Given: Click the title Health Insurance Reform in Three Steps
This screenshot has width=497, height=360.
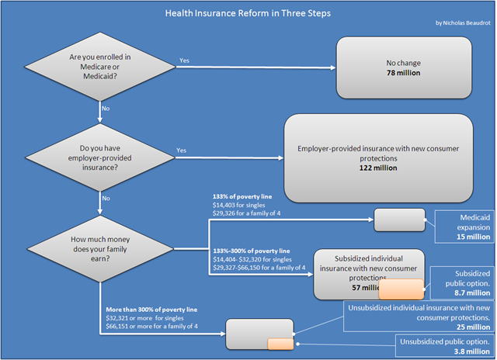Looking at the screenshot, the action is click(x=248, y=13).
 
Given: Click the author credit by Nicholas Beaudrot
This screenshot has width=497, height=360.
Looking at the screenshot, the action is click(x=463, y=22).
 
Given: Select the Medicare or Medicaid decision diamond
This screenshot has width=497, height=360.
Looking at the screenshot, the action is click(x=100, y=67).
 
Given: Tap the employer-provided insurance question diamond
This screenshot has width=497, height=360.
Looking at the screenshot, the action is click(x=100, y=157).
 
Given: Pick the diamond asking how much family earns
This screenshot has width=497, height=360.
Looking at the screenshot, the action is click(x=100, y=249).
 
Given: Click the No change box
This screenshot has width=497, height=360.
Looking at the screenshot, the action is click(x=404, y=67).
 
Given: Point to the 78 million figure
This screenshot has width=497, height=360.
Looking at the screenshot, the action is click(x=404, y=73).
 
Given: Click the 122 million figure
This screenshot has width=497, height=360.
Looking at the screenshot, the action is click(x=378, y=168).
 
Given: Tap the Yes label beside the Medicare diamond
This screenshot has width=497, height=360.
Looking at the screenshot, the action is click(x=184, y=61).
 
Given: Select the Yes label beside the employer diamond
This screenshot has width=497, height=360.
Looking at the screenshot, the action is click(x=181, y=150).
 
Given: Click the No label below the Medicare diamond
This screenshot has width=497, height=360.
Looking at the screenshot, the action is click(x=106, y=109).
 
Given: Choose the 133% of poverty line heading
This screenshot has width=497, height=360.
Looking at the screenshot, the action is click(x=242, y=196).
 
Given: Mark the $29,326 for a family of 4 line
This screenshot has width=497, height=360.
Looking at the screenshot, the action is click(x=247, y=213).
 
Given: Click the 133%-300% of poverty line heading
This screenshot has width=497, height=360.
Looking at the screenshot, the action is click(x=252, y=251).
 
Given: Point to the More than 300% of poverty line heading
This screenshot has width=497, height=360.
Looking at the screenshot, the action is click(x=151, y=310).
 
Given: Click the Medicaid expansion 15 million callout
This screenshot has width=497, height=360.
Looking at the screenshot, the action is click(x=464, y=227).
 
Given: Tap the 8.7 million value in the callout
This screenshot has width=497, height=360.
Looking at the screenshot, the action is click(x=472, y=292).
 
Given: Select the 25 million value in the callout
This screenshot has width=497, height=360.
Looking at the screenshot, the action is click(x=473, y=327).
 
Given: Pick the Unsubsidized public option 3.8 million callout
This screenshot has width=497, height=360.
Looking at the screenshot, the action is click(x=445, y=346).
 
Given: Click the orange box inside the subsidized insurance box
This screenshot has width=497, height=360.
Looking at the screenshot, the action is click(x=401, y=289).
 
